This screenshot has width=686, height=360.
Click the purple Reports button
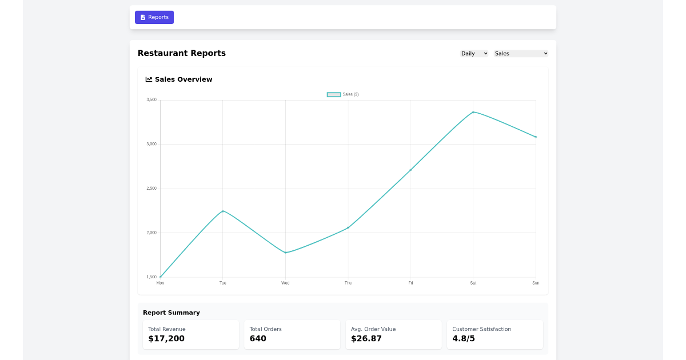pos(154,17)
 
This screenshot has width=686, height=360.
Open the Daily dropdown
pos(474,54)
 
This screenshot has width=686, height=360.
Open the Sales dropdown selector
pos(521,54)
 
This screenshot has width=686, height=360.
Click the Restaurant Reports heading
pos(182,53)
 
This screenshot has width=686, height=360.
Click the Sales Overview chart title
pos(184,79)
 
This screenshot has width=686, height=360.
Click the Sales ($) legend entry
pos(343,94)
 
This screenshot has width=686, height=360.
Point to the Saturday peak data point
pos(473,112)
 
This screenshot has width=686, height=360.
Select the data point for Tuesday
pos(223,211)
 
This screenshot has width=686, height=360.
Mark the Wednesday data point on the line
pos(285,253)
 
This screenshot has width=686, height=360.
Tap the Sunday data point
pos(536,137)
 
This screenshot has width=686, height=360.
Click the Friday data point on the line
pos(410,170)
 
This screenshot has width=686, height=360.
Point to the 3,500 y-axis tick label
pos(151,100)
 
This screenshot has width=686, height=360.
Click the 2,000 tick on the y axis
pos(151,233)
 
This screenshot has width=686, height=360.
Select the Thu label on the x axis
pos(348,283)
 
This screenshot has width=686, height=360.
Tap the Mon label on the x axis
pos(160,283)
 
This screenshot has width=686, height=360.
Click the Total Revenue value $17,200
pos(166,339)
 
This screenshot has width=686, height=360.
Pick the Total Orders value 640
pos(258,339)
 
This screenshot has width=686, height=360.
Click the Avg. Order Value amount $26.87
pos(366,339)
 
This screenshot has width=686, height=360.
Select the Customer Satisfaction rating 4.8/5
pos(464,339)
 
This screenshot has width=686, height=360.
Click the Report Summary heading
pos(171,313)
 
